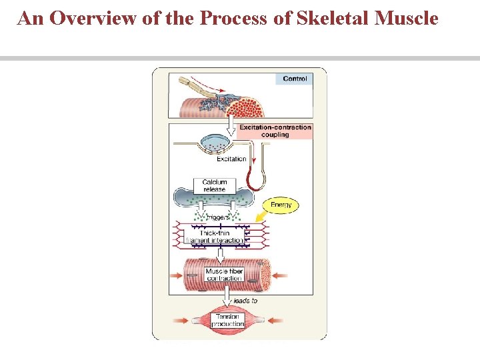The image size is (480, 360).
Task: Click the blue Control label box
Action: pyautogui.click(x=294, y=79)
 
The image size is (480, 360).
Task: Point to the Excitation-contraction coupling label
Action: pyautogui.click(x=275, y=131)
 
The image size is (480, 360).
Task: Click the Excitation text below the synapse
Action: pyautogui.click(x=231, y=159)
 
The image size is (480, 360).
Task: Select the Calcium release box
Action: pyautogui.click(x=215, y=185)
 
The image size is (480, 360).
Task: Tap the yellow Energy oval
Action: pyautogui.click(x=281, y=205)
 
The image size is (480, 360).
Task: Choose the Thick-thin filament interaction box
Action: pyautogui.click(x=215, y=237)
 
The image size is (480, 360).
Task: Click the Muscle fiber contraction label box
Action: pyautogui.click(x=224, y=275)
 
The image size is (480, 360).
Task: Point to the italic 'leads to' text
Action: pyautogui.click(x=245, y=301)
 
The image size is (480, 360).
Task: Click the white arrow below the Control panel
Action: pyautogui.click(x=229, y=123)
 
